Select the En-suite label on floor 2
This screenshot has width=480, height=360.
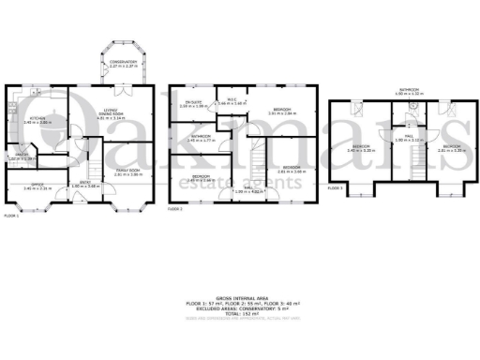point(194,103)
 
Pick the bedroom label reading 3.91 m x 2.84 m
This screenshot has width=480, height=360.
point(281,111)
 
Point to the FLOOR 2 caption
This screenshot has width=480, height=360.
point(175,209)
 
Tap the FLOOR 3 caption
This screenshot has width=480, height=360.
point(335,188)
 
